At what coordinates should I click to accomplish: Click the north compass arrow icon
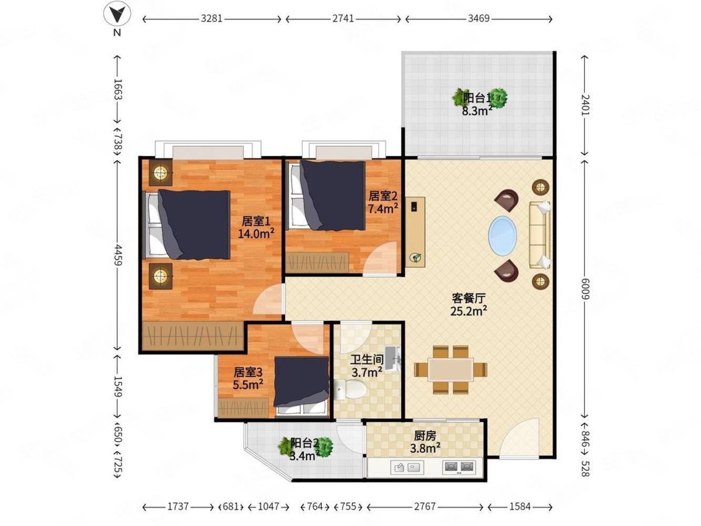(x=117, y=15)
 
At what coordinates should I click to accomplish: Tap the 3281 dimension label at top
(x=211, y=19)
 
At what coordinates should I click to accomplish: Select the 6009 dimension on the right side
(x=584, y=288)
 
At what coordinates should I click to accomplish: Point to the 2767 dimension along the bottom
(x=425, y=506)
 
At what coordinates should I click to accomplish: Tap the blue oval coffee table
(x=502, y=236)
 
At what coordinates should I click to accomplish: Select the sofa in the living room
(x=540, y=235)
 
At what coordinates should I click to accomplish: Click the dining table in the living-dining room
(x=451, y=369)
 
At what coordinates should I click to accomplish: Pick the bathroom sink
(x=392, y=358)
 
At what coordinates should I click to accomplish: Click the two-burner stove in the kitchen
(x=459, y=467)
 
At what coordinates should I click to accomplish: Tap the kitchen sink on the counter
(x=407, y=468)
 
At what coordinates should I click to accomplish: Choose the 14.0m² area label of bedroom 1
(x=256, y=234)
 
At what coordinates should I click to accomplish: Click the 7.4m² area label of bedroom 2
(x=383, y=209)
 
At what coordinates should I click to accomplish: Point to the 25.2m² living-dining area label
(x=469, y=311)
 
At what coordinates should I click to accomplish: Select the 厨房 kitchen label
(x=425, y=436)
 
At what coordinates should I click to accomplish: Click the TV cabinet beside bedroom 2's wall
(x=415, y=232)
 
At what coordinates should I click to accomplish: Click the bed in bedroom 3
(x=301, y=387)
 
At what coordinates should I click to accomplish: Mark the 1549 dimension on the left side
(x=118, y=387)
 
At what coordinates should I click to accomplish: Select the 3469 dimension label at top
(x=479, y=19)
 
